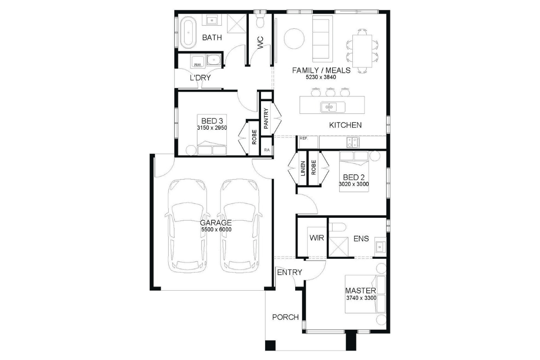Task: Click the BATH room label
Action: click(x=212, y=38)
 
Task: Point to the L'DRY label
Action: click(x=200, y=78)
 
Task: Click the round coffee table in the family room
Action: click(x=294, y=39)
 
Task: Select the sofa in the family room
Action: click(x=323, y=39)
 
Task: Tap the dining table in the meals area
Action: click(x=362, y=51)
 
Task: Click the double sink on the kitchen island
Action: click(x=333, y=107)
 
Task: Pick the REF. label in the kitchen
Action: click(x=304, y=139)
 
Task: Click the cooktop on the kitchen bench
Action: click(x=353, y=142)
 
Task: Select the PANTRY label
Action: click(x=266, y=118)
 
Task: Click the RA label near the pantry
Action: click(x=266, y=150)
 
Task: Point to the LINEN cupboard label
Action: click(x=303, y=168)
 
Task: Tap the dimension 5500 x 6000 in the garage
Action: click(x=216, y=229)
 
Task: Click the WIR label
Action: click(x=317, y=238)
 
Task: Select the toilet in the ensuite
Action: click(x=337, y=227)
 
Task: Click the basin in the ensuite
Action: click(x=380, y=247)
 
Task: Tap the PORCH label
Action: click(x=285, y=317)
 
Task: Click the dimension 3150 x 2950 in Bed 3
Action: click(x=212, y=128)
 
